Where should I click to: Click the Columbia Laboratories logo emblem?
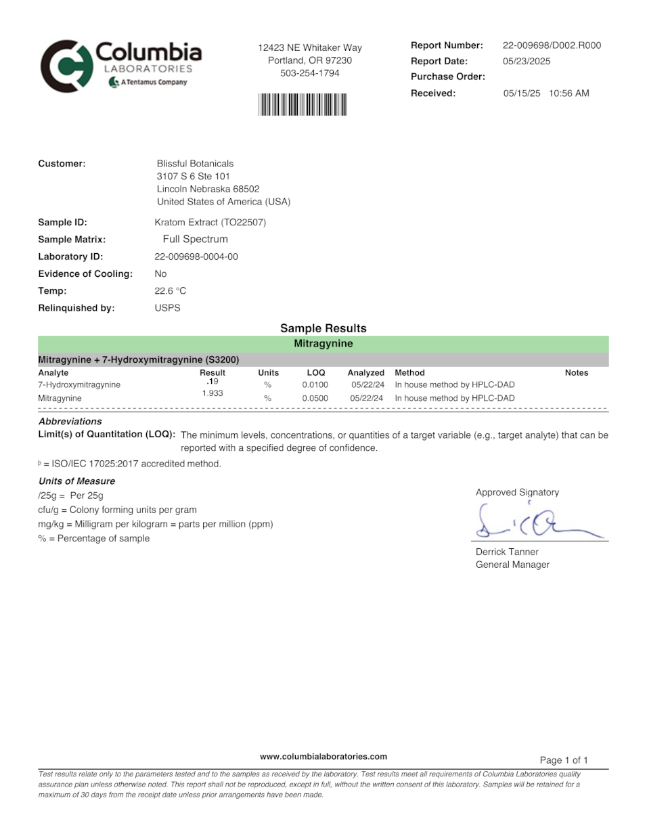coord(65,66)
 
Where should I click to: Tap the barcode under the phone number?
coord(303,105)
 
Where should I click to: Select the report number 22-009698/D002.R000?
coord(552,45)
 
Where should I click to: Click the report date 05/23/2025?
coord(527,61)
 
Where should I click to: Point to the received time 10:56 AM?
coord(568,93)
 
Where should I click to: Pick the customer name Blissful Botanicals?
coord(195,164)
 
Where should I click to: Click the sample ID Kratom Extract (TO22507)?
coord(210,222)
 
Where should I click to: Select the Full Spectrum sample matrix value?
coord(195,239)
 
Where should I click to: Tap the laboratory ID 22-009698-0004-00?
coord(196,257)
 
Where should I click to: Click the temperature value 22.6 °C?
coord(170,291)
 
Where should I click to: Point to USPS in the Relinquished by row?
coord(167,308)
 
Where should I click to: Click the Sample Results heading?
coord(323,328)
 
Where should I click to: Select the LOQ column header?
coord(316,373)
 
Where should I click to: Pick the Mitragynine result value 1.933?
coord(213,393)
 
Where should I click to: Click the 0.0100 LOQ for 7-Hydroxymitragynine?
coord(315,385)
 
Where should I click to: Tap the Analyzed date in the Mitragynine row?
coord(366,399)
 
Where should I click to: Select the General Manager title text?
coord(512,565)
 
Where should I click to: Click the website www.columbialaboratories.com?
coord(323,757)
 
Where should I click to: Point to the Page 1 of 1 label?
coord(564,760)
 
